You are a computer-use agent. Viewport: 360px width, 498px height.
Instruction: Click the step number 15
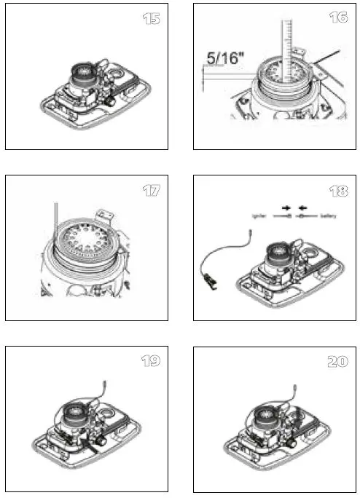151,18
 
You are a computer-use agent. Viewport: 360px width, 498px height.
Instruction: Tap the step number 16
337,17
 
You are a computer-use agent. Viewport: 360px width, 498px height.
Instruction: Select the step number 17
151,191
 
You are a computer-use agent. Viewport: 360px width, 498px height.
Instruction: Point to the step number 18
337,191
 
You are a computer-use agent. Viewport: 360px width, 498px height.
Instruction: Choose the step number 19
151,361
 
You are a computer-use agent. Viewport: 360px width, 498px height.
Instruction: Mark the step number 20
337,361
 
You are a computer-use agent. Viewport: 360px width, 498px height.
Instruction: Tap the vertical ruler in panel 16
286,51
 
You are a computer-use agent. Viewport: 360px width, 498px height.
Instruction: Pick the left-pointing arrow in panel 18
302,207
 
